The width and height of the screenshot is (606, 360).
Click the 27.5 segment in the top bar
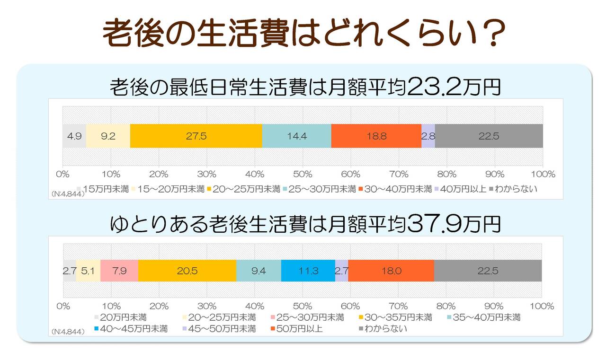click(196, 136)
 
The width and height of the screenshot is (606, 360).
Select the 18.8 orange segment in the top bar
click(376, 136)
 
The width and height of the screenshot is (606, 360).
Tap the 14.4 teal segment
click(296, 136)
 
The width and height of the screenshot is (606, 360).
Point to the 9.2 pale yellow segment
click(108, 136)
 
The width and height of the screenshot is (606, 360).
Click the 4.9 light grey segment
click(74, 136)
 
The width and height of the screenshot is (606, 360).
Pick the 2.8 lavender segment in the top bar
click(428, 136)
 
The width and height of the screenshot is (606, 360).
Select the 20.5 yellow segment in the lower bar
click(187, 271)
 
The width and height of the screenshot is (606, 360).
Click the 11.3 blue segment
click(308, 271)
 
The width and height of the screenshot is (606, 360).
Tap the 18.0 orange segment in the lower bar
click(391, 271)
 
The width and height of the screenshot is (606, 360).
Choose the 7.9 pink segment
click(119, 271)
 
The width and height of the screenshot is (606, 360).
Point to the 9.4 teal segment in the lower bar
click(258, 271)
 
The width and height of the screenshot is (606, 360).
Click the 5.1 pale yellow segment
click(88, 271)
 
